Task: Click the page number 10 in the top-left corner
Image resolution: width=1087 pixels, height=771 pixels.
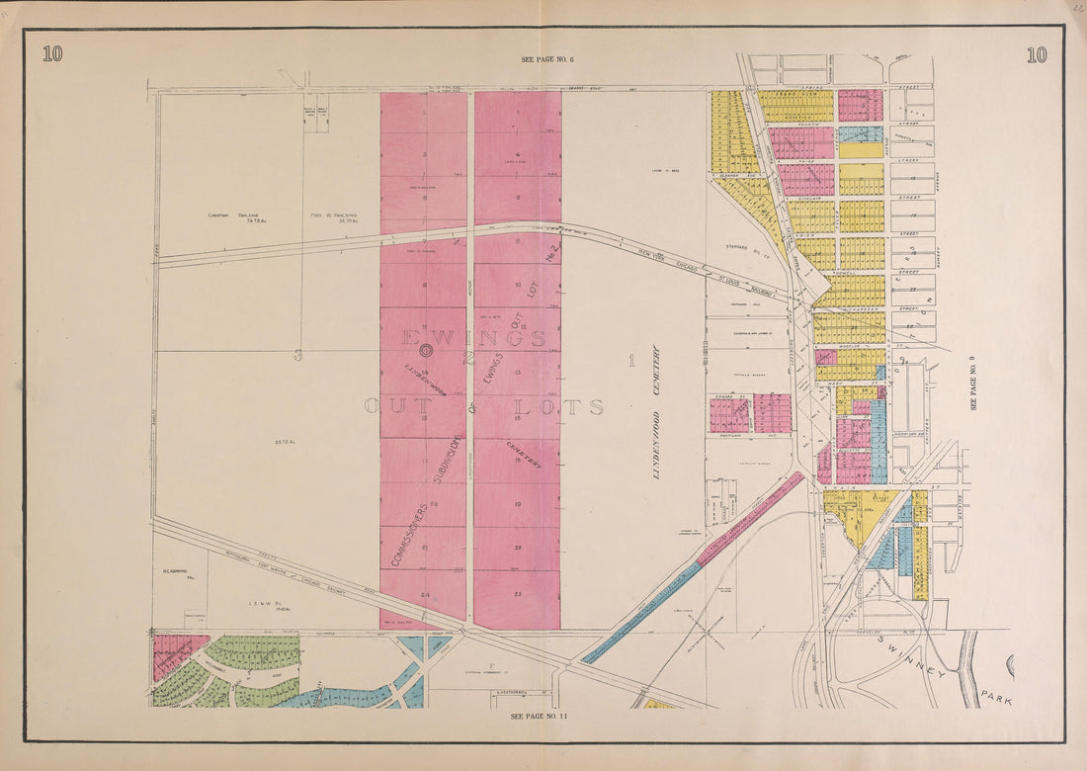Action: pos(52,54)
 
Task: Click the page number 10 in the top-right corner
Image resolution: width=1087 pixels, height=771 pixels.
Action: pos(1035,54)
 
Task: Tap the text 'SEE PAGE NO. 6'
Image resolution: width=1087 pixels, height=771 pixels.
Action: pos(547,60)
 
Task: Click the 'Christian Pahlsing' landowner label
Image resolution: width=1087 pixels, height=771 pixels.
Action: pos(233,216)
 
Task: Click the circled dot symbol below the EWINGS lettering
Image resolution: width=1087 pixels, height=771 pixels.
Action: pos(425,350)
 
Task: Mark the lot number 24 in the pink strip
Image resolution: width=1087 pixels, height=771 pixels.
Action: pos(423,594)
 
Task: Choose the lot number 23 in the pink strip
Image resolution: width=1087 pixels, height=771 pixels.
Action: pos(517,594)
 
